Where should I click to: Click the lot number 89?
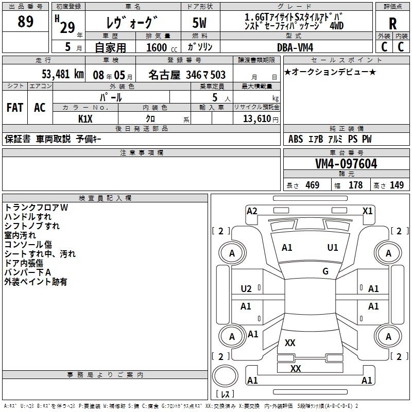(x=26, y=22)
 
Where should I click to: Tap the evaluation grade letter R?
(x=392, y=23)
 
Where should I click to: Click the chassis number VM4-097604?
(x=346, y=164)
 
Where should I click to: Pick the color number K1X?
(x=85, y=118)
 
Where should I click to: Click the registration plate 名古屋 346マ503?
(x=186, y=75)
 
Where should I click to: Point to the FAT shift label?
(x=15, y=107)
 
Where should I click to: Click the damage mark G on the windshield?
(x=325, y=271)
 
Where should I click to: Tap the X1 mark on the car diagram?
(x=367, y=211)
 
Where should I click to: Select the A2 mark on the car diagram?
(x=252, y=211)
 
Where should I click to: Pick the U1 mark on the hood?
(x=333, y=247)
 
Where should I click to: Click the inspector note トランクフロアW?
(x=36, y=207)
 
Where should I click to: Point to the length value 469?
(x=312, y=185)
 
